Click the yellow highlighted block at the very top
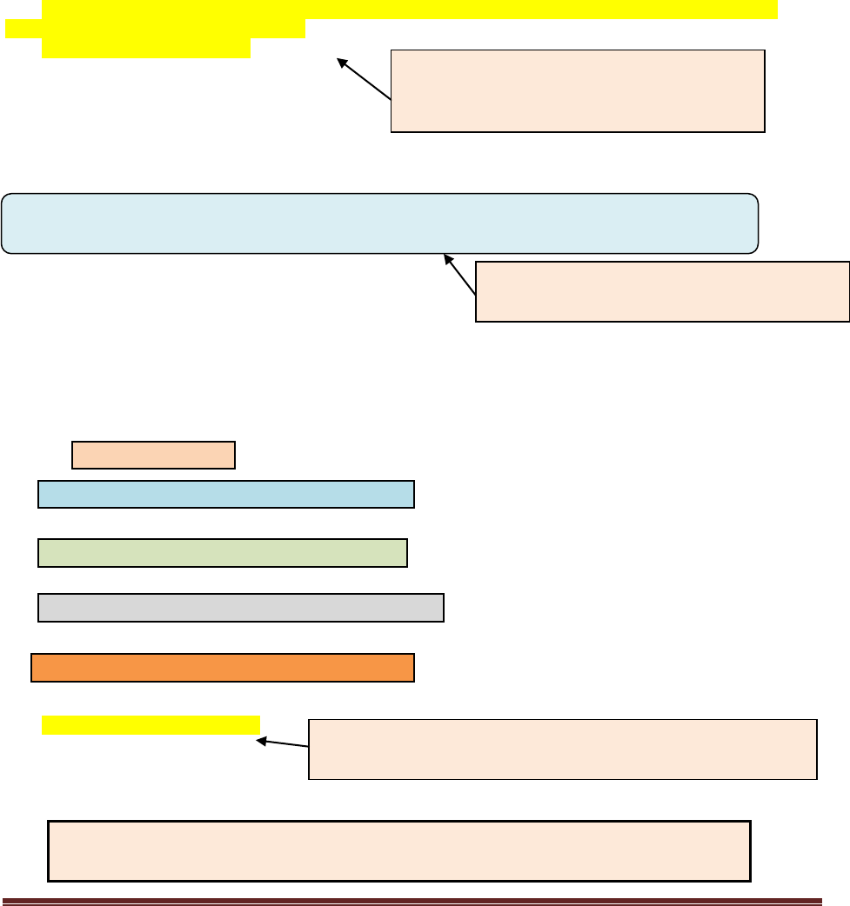(409, 10)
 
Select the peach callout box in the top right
(578, 90)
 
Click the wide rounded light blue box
(379, 223)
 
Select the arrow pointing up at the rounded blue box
(461, 276)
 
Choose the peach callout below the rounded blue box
(662, 291)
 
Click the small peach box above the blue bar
(153, 455)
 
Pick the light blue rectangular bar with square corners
(226, 493)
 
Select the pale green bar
(223, 553)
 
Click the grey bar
(241, 608)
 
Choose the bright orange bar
(223, 668)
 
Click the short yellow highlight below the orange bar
(151, 724)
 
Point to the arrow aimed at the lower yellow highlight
(284, 743)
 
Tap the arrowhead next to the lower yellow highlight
(260, 741)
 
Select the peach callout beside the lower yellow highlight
(563, 749)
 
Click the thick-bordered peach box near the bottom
(398, 850)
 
